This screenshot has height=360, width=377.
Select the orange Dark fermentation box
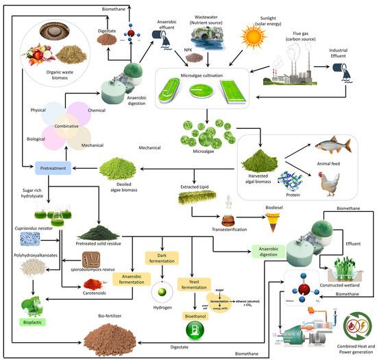pos(159,256)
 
